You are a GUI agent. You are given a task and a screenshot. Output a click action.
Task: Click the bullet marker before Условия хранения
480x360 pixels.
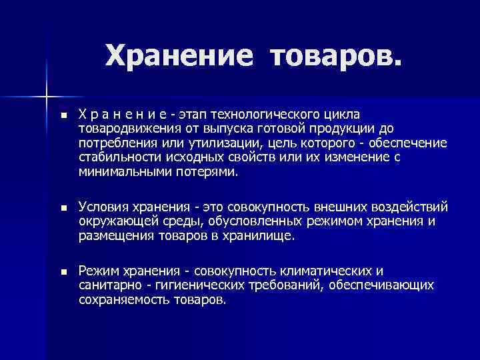[x=63, y=209]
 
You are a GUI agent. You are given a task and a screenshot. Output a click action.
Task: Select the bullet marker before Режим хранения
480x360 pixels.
[x=63, y=273]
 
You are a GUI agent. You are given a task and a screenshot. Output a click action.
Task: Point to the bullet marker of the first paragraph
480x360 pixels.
[x=63, y=116]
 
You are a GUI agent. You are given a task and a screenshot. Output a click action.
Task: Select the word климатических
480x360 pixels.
[x=319, y=271]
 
